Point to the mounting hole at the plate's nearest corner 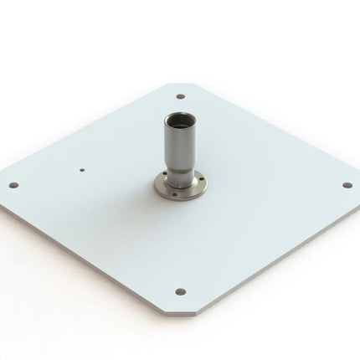tap(180, 291)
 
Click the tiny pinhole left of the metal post tap(81, 167)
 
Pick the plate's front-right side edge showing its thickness tap(276, 255)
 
